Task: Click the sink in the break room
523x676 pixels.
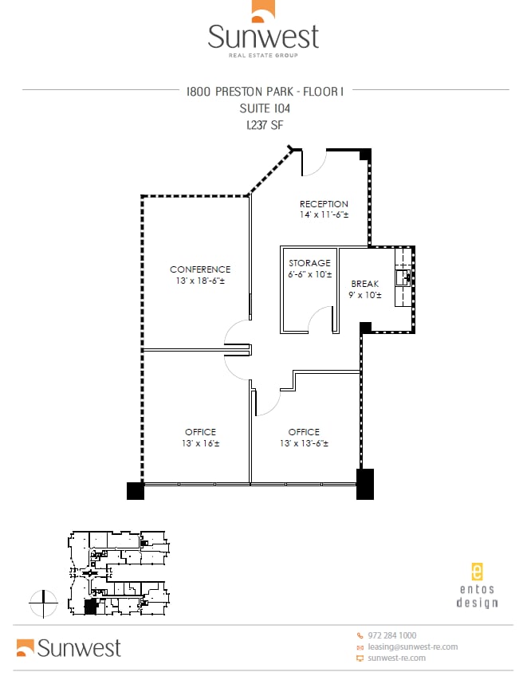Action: tap(404, 277)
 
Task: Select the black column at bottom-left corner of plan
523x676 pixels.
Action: tap(136, 491)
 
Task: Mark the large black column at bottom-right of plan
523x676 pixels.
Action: tap(364, 484)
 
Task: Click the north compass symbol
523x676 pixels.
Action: tap(43, 603)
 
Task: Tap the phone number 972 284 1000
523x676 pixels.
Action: tap(391, 635)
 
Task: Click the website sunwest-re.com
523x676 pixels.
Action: tap(396, 658)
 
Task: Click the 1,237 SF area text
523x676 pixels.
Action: tap(263, 125)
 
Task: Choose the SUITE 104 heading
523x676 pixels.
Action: tap(264, 108)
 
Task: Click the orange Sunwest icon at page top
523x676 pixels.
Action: tap(263, 10)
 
